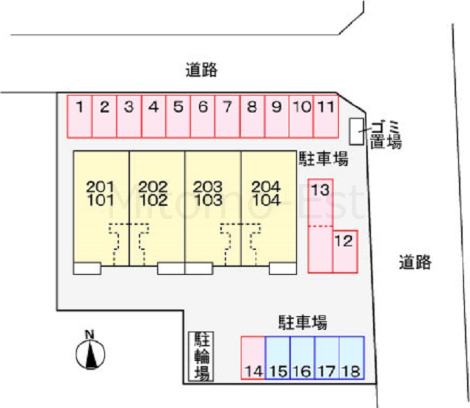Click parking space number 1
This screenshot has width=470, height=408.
point(79,116)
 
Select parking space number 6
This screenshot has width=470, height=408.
point(203,116)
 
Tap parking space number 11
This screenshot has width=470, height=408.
point(326,116)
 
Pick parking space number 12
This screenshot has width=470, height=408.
point(345,251)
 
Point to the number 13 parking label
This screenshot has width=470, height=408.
point(320,190)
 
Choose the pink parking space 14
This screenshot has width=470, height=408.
point(253,358)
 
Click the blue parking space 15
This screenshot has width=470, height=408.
point(278,358)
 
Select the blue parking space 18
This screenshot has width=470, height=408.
point(352,358)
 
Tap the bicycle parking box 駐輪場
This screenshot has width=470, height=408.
point(200,357)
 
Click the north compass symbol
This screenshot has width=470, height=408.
point(90,350)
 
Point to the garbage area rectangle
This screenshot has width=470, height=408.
point(357,132)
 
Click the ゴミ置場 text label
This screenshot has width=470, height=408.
point(386,135)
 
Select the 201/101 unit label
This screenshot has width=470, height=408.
point(101,194)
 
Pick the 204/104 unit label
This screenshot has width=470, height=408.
point(266,194)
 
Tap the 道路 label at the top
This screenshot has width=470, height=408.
point(201,70)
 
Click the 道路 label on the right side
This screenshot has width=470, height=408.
point(415,262)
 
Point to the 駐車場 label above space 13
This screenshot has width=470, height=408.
point(323,158)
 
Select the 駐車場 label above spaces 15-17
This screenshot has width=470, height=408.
point(303,323)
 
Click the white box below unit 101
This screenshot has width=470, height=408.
point(87,268)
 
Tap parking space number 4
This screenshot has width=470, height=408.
point(153,116)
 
